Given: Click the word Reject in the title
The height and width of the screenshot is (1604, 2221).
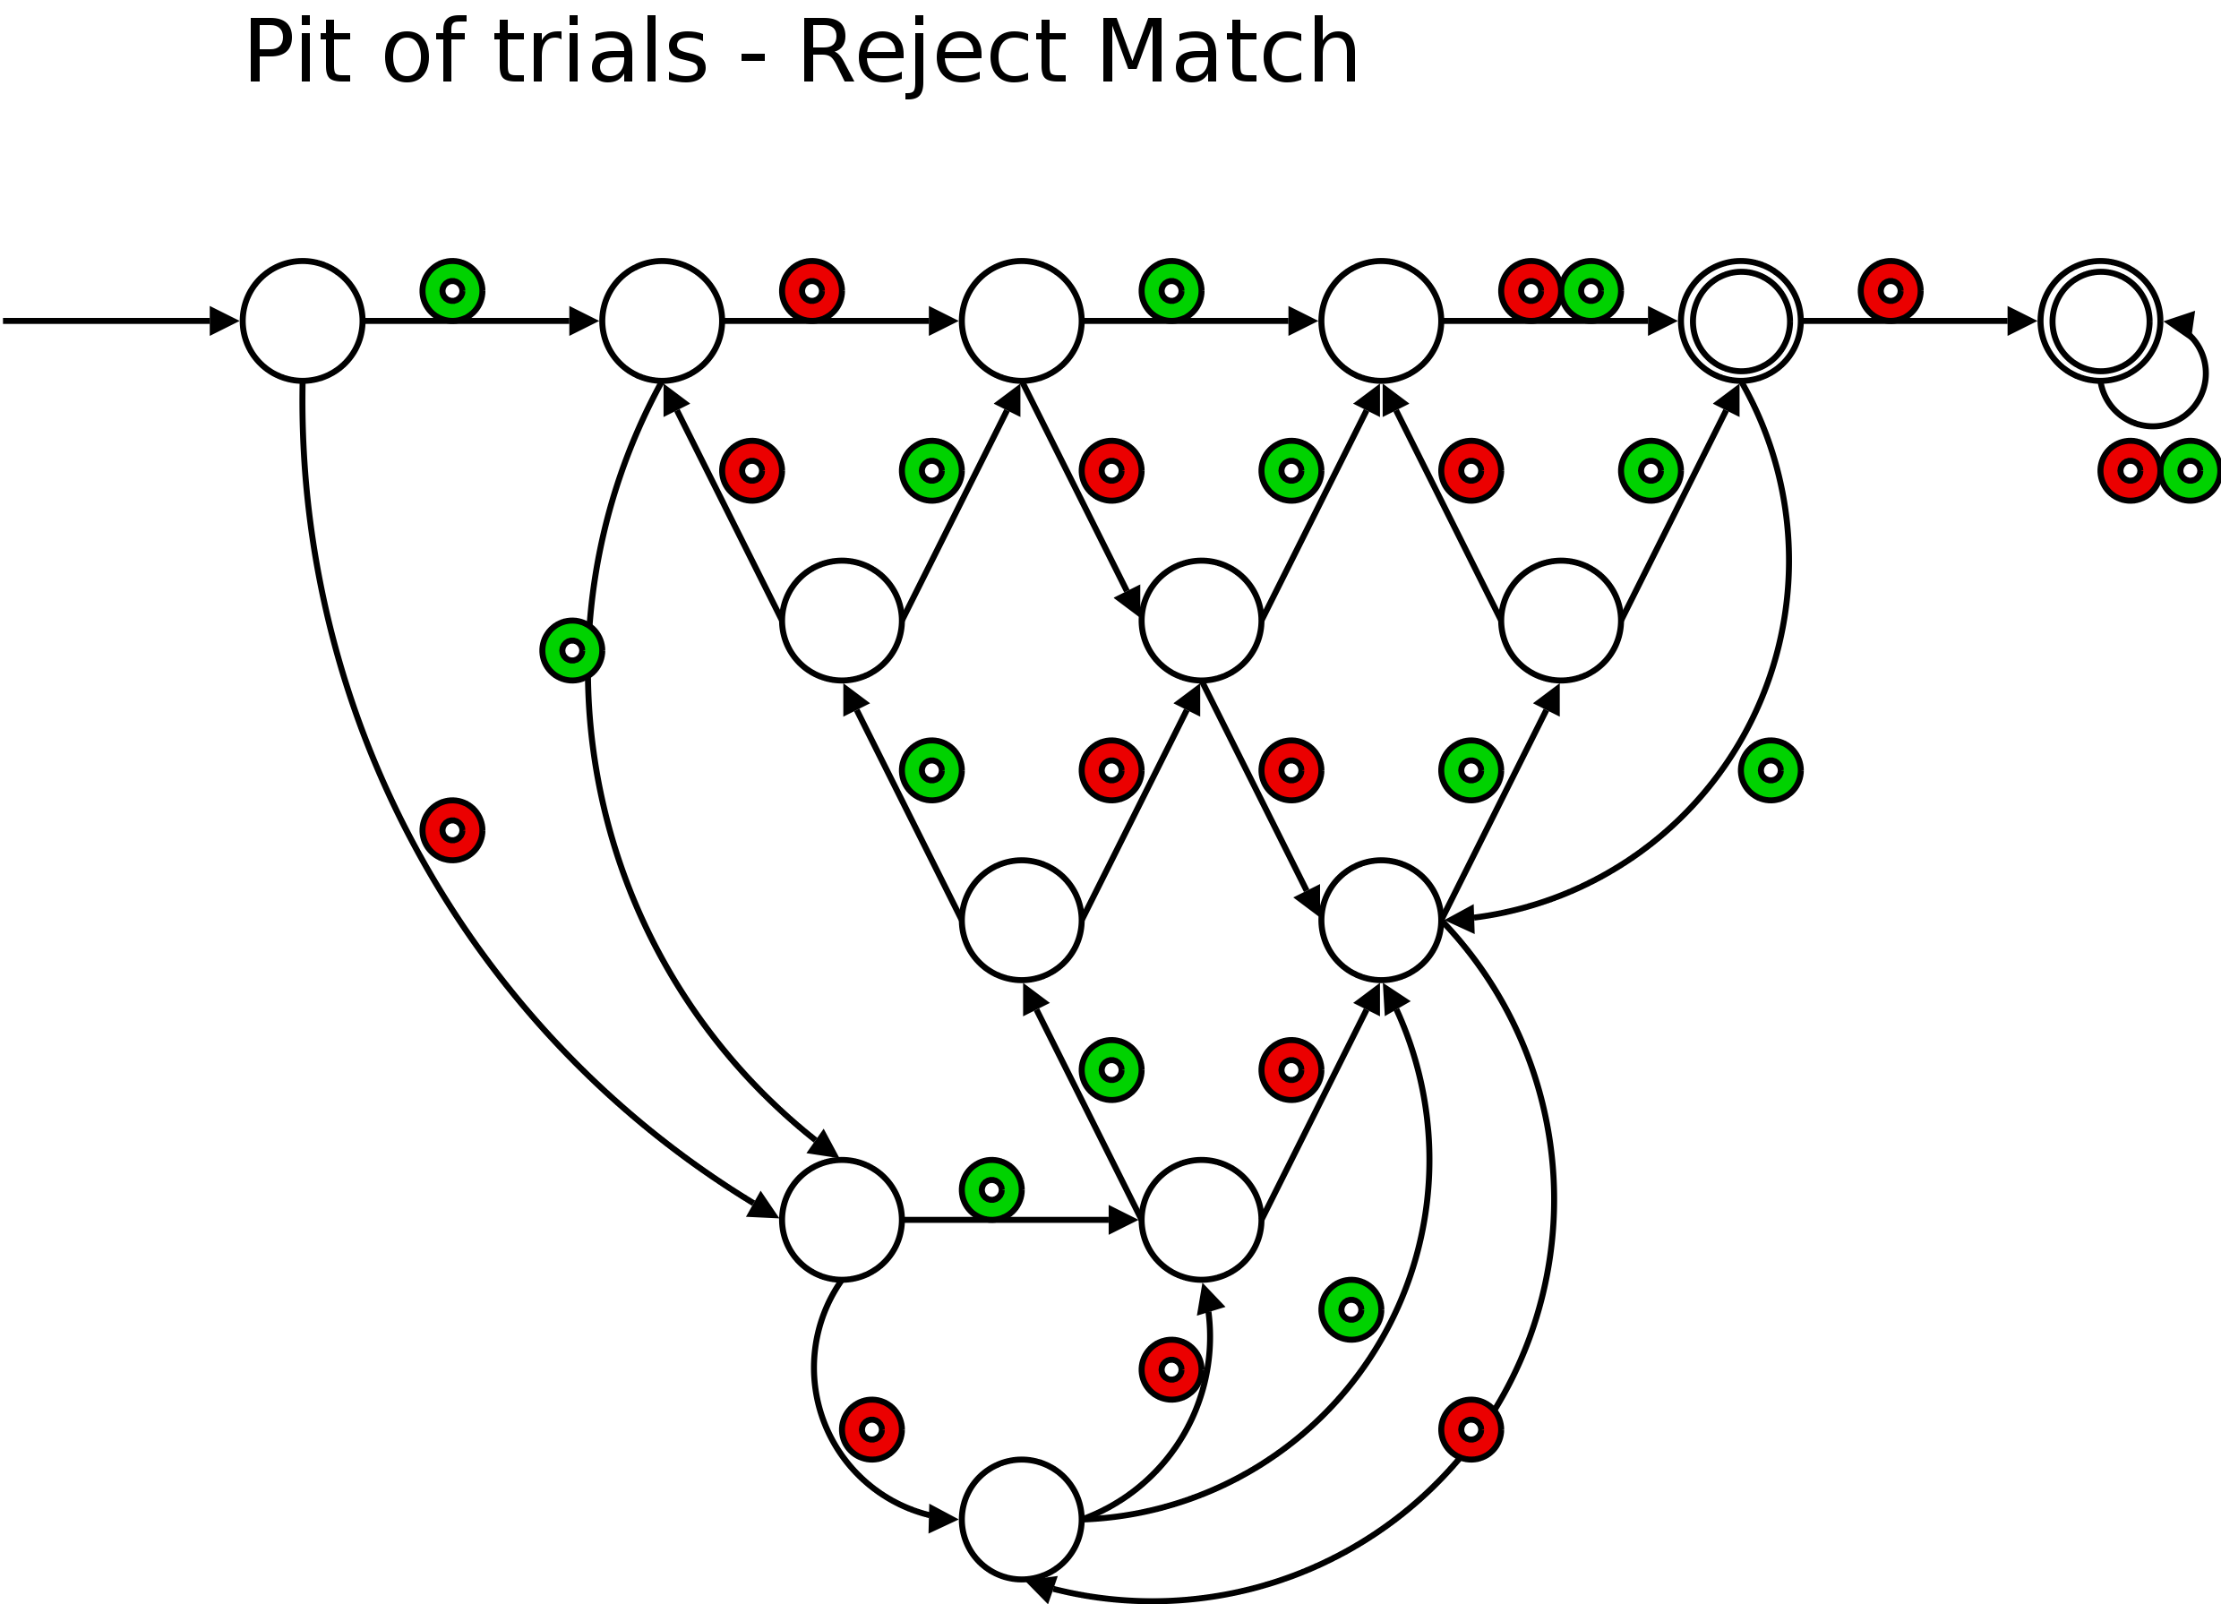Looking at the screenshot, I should (931, 54).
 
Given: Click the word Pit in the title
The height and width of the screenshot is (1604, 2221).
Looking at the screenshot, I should (296, 54).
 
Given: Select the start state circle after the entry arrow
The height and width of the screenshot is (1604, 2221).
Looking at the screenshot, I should (303, 321).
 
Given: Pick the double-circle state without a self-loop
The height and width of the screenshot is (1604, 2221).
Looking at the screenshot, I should (1740, 321).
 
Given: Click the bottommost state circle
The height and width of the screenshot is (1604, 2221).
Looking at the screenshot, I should (1021, 1519).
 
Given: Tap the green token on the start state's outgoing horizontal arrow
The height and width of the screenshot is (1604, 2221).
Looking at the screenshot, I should (452, 291).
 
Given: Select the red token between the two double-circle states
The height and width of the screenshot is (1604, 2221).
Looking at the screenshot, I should (1890, 291).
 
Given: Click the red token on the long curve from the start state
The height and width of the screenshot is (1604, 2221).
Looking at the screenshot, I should (452, 830).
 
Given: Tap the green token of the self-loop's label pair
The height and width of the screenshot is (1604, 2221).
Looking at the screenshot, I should (2191, 471).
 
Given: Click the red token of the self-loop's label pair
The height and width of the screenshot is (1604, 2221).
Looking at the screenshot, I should (2130, 471).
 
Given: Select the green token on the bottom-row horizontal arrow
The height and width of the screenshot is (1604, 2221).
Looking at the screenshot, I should (991, 1189).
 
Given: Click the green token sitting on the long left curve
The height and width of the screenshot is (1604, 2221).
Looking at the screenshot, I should (572, 651).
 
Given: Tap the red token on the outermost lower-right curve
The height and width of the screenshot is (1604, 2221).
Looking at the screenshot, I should (1470, 1429).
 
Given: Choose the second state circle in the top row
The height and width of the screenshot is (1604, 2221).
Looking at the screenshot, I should (662, 321).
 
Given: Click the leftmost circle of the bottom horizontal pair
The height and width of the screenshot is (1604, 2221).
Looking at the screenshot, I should (841, 1219).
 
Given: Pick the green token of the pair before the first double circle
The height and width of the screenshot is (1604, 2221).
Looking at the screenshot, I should (1591, 291).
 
